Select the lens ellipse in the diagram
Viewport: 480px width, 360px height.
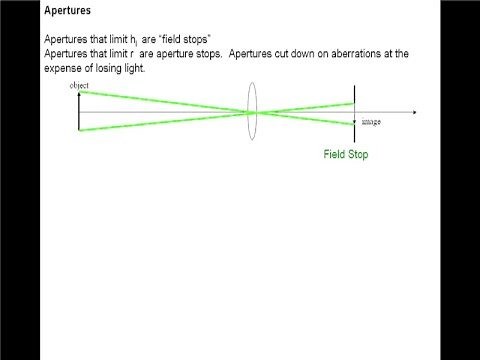click(253, 112)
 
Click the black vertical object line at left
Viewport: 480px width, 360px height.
click(78, 112)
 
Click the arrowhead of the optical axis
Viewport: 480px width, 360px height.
click(413, 112)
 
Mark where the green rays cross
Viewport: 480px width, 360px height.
click(253, 112)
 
